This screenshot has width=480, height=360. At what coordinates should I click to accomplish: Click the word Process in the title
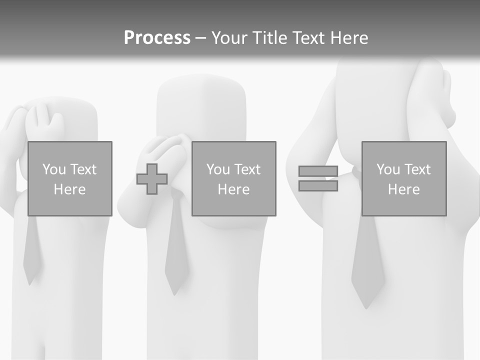157,38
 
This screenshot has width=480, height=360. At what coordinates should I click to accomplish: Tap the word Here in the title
348,38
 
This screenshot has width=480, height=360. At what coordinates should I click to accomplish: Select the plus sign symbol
152,179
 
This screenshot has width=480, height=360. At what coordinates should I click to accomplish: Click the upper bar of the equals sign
318,171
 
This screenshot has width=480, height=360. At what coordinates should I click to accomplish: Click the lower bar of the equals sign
318,186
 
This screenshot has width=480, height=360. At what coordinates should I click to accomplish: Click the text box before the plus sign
69,178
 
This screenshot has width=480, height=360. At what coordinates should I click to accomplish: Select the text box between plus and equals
233,178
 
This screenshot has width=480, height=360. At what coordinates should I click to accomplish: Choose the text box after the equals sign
403,178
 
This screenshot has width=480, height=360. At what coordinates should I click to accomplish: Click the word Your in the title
230,38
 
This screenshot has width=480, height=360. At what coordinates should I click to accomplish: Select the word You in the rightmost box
388,169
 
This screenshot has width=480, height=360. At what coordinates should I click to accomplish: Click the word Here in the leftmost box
69,189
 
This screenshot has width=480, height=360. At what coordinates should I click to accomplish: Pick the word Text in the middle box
247,169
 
